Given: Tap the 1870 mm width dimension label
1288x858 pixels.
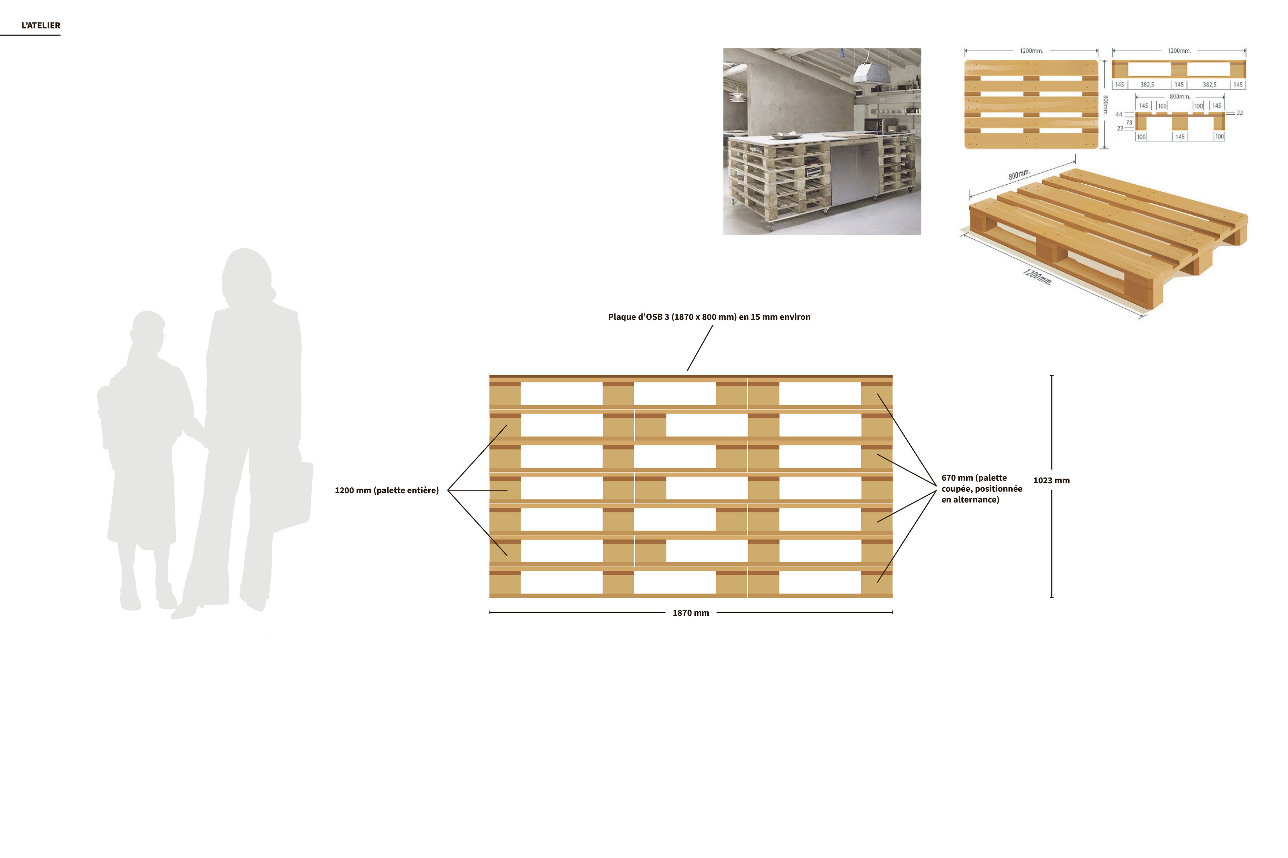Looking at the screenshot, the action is pos(691,613).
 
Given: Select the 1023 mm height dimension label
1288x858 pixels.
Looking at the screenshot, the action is pos(1051,480).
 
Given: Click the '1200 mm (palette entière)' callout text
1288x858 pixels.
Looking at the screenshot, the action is pos(387,490).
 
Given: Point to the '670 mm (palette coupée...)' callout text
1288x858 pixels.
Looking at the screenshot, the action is pos(981,489).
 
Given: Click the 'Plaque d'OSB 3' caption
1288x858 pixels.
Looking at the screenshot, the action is pos(709,317).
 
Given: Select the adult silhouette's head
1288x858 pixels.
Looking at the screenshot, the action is pos(247,276).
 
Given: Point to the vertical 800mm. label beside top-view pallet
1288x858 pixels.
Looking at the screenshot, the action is pos(1105,105).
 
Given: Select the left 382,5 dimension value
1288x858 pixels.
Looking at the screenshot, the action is pos(1147,85).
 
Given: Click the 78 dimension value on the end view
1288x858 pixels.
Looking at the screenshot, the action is pos(1129,123).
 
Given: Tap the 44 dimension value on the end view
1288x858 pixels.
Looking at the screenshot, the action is pos(1119,114).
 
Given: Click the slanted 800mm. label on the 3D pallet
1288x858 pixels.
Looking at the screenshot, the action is pos(1019,175).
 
